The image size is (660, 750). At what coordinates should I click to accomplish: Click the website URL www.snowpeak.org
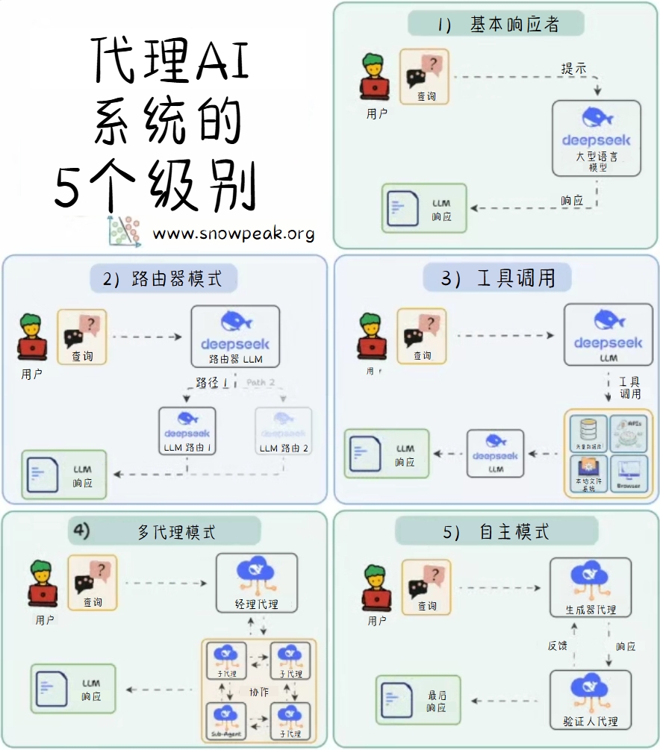234,234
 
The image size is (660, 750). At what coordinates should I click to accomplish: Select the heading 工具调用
498,278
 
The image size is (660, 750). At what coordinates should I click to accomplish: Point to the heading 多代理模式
176,532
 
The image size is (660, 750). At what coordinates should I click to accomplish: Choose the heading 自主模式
496,532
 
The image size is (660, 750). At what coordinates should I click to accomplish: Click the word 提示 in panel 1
573,68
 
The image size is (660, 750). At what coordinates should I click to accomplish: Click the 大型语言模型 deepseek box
596,138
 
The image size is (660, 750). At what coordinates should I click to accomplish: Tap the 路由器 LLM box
235,337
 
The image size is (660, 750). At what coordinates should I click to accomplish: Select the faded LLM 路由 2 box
284,432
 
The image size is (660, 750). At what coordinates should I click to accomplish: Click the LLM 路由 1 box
187,432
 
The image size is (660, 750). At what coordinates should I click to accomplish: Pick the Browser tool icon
629,473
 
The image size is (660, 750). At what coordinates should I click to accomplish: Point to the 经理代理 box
256,583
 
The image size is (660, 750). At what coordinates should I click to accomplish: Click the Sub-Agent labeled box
225,721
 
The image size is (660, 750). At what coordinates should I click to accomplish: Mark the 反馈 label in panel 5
558,646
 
